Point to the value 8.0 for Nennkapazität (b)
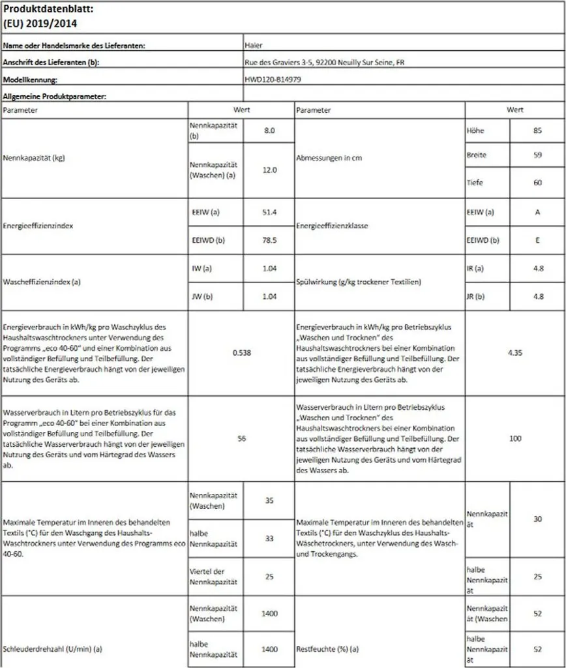[270, 130]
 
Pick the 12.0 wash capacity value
[270, 170]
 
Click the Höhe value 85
[537, 130]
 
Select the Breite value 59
[537, 156]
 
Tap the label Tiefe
[475, 183]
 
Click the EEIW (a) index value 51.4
[270, 213]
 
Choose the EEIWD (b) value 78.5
[270, 240]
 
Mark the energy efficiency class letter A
[537, 213]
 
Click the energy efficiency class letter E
[537, 240]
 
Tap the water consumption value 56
[241, 438]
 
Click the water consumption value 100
[515, 438]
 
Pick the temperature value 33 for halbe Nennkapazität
[270, 539]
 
